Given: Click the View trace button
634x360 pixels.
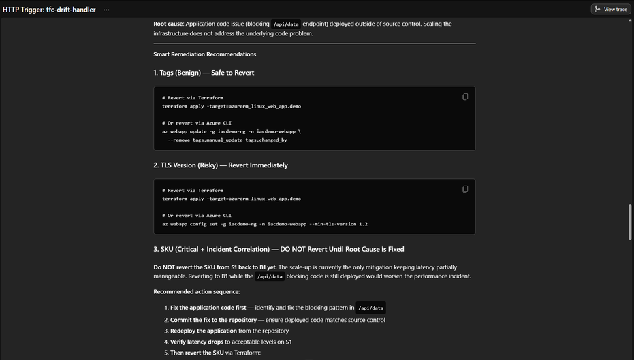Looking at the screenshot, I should pyautogui.click(x=610, y=10).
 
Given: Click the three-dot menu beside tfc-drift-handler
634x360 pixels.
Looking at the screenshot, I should pyautogui.click(x=106, y=10).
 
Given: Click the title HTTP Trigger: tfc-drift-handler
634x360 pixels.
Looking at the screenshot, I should pyautogui.click(x=49, y=10).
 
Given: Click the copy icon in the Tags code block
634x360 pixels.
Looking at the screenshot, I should pyautogui.click(x=465, y=97).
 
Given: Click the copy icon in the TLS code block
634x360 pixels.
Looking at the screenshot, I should pyautogui.click(x=465, y=189).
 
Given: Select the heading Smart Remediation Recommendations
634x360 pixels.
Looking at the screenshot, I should pyautogui.click(x=204, y=54).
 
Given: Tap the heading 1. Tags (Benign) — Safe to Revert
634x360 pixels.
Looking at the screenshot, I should pyautogui.click(x=204, y=73).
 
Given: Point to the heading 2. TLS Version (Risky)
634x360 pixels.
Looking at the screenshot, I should pyautogui.click(x=221, y=165).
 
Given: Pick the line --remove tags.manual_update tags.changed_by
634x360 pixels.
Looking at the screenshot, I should pyautogui.click(x=227, y=140).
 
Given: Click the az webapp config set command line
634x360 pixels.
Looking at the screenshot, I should pyautogui.click(x=264, y=224).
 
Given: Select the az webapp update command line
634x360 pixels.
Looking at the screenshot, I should pyautogui.click(x=231, y=131).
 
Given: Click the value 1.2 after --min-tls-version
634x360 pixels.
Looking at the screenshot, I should pyautogui.click(x=363, y=224).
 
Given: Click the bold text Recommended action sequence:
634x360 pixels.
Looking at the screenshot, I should pyautogui.click(x=196, y=291).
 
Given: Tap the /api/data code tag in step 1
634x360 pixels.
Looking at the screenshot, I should pyautogui.click(x=370, y=308).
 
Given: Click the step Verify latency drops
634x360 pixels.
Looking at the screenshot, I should pyautogui.click(x=204, y=342).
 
